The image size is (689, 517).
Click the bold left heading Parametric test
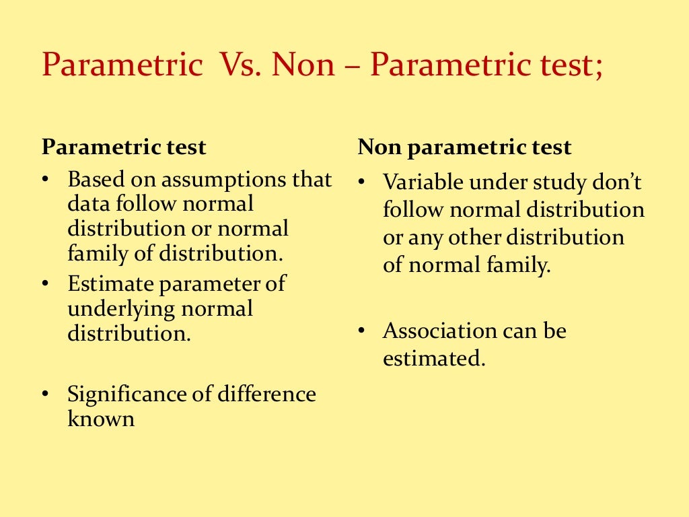tap(124, 147)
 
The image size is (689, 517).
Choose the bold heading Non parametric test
tap(464, 147)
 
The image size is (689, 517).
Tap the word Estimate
tap(110, 283)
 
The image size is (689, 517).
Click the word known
tap(101, 419)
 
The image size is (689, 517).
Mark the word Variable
tap(423, 182)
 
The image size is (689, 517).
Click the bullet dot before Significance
tap(45, 394)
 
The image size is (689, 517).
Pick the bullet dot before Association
tap(361, 331)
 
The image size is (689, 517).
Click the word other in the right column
tap(474, 238)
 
